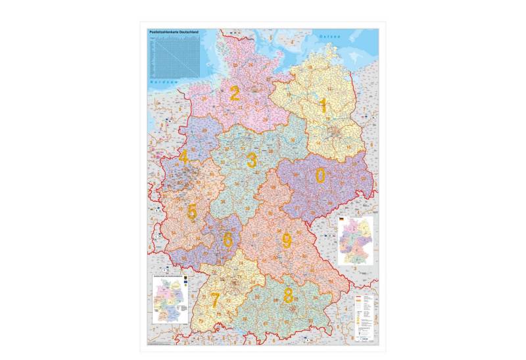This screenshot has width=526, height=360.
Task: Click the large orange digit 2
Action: click(x=234, y=93)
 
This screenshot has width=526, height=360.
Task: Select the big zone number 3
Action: click(x=252, y=160)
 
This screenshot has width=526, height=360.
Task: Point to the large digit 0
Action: click(x=321, y=175)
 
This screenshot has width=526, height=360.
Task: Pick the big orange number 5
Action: click(x=192, y=212)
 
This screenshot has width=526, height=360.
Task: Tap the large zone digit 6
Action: click(x=227, y=240)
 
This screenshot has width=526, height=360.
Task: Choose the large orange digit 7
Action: click(x=214, y=300)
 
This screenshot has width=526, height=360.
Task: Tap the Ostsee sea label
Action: click(x=329, y=37)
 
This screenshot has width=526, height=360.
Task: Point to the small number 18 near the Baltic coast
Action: click(x=310, y=67)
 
